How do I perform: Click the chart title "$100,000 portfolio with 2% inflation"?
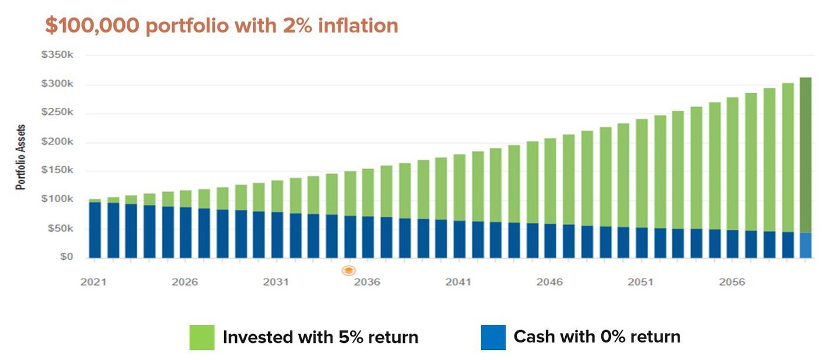pos(222,26)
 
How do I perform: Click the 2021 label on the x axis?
pos(93,282)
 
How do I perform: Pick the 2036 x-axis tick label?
pos(367,282)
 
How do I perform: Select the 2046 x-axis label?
pos(549,282)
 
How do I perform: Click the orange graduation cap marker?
pos(349,270)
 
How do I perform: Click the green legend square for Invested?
pos(202,338)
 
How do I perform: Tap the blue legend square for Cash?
pos(493,338)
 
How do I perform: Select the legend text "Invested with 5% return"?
pos(320,338)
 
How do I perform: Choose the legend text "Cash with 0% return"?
pos(596,337)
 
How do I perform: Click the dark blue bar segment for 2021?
pos(95,230)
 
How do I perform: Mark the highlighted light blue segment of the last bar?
pos(806,245)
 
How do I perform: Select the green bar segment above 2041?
pos(460,187)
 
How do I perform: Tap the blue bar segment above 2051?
pos(642,243)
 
